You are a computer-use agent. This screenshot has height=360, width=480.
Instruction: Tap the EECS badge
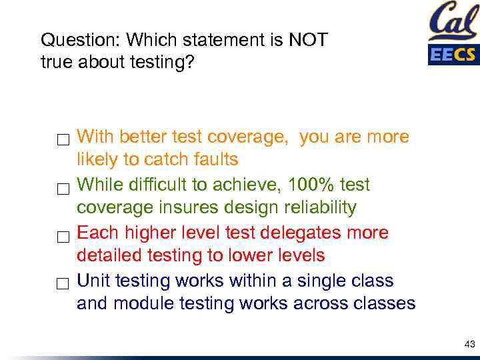(453, 54)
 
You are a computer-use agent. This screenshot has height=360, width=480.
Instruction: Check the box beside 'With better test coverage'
(63, 141)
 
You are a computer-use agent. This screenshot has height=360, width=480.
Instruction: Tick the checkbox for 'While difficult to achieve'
(63, 189)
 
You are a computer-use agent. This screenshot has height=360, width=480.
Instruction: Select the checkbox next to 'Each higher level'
(63, 237)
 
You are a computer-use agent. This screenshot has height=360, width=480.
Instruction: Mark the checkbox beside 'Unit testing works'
(63, 285)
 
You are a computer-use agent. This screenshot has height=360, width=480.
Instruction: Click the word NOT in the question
(307, 40)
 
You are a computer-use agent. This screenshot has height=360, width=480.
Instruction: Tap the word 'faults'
(215, 160)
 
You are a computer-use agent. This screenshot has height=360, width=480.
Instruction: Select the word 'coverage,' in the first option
(249, 137)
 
